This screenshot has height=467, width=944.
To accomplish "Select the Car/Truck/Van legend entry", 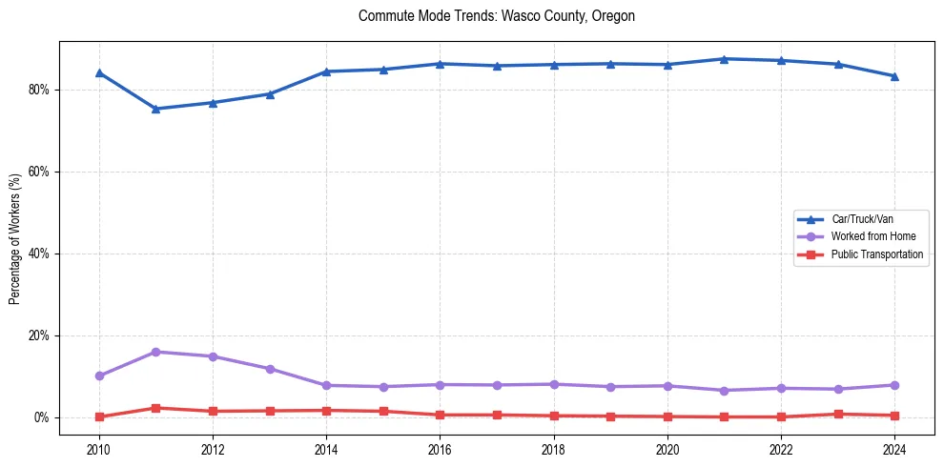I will click(x=862, y=219).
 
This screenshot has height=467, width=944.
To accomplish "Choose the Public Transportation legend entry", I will click(x=877, y=254).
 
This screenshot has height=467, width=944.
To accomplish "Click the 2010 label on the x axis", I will click(x=98, y=447).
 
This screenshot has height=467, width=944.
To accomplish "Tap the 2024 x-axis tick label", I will click(x=894, y=447).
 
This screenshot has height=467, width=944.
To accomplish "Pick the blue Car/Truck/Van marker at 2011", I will click(x=155, y=109).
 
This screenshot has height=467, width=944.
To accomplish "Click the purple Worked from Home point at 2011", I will click(x=155, y=352).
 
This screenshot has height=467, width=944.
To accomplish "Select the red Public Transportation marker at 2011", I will click(x=155, y=408).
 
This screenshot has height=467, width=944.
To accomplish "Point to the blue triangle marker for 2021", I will click(x=724, y=59).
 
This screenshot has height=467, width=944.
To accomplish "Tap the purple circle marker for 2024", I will click(x=894, y=385).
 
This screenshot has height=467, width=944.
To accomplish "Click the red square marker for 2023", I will click(x=838, y=414).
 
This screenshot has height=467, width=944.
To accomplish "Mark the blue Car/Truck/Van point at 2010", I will click(x=99, y=72).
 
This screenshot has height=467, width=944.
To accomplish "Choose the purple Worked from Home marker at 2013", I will click(x=270, y=369).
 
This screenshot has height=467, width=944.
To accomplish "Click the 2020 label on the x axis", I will click(x=667, y=447).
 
